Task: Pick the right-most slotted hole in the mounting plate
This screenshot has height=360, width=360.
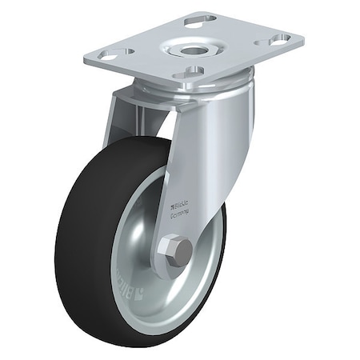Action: coord(280,38)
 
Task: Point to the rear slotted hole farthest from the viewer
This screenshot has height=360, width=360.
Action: coord(199,18)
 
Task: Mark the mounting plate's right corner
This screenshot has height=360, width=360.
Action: coord(302,36)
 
